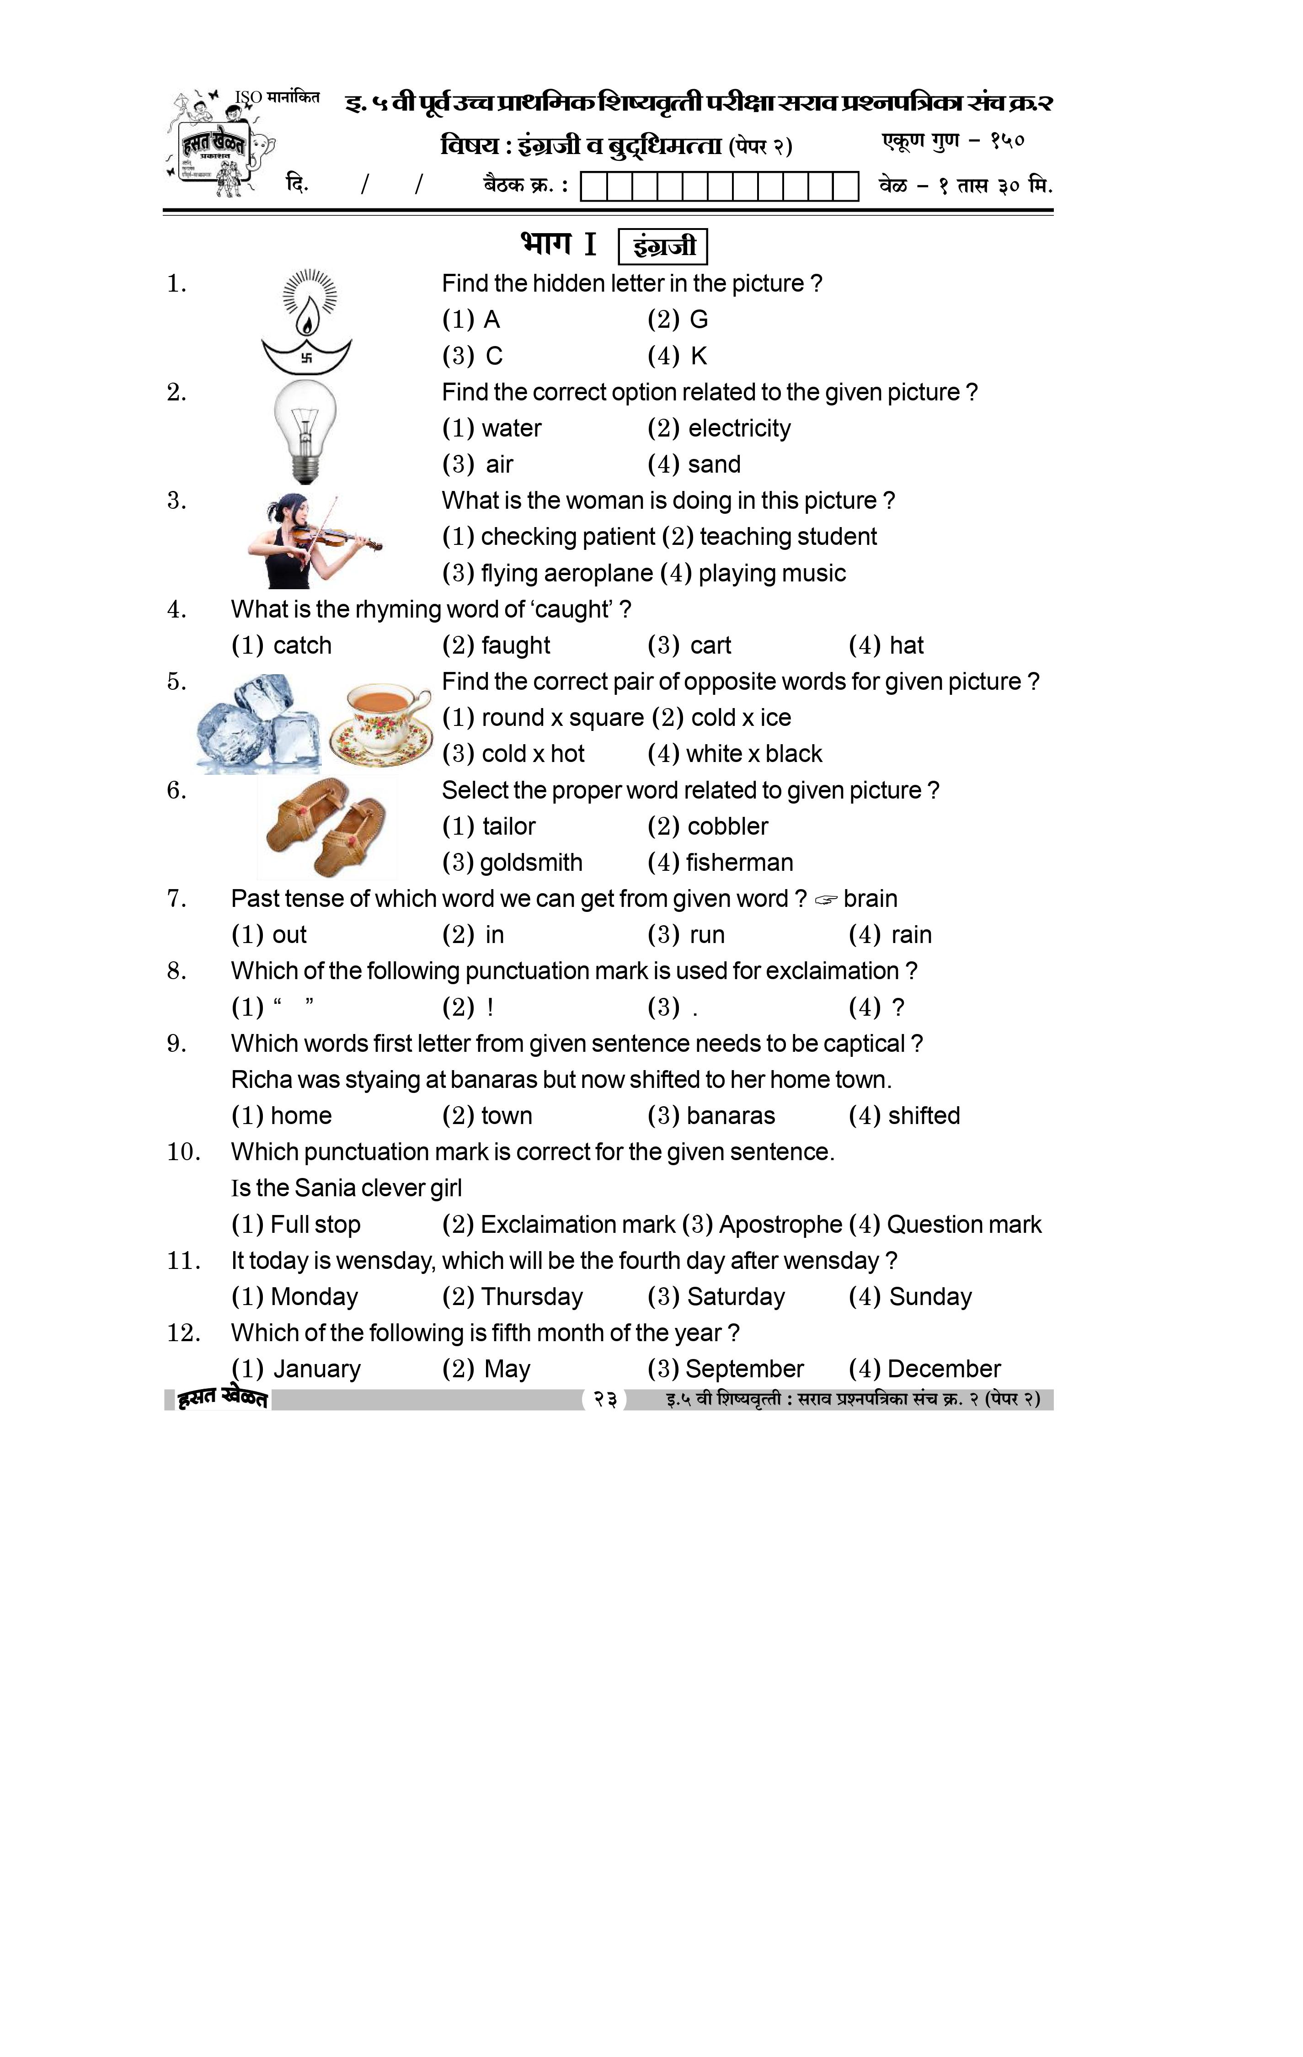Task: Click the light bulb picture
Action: (x=305, y=432)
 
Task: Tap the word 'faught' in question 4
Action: (x=515, y=646)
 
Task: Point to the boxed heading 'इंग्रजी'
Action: (x=663, y=247)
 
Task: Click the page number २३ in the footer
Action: (x=605, y=1399)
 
